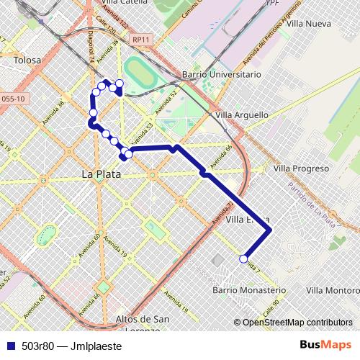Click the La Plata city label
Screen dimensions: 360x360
pyautogui.click(x=101, y=174)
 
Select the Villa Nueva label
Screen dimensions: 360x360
pyautogui.click(x=308, y=24)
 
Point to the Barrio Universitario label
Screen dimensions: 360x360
pyautogui.click(x=221, y=74)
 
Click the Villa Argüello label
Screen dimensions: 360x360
pyautogui.click(x=242, y=114)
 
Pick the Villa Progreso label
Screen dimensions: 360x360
pyautogui.click(x=301, y=168)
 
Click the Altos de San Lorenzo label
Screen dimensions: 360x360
pyautogui.click(x=143, y=325)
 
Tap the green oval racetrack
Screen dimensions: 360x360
pyautogui.click(x=139, y=71)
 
